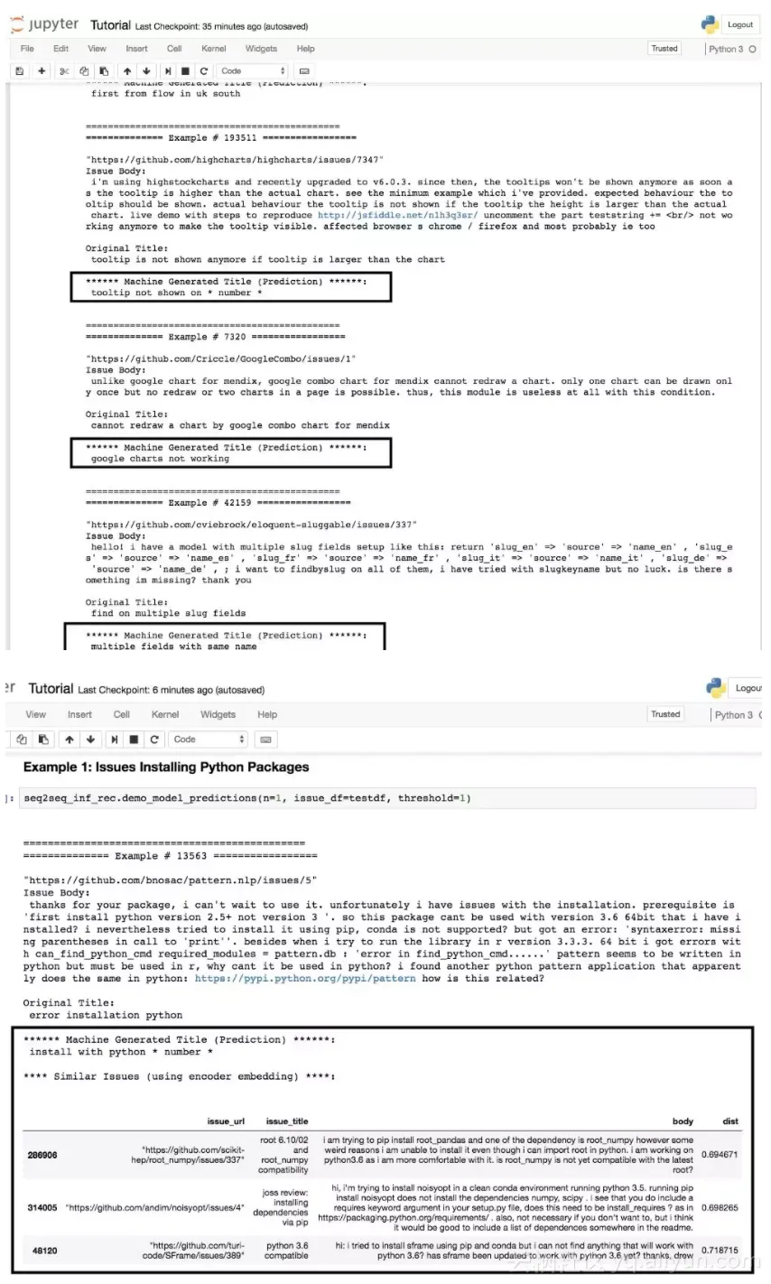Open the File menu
[x=27, y=49]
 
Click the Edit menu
[x=60, y=49]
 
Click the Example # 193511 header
[x=220, y=138]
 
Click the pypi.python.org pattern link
[x=305, y=978]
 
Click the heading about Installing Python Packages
[x=166, y=767]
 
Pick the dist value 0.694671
[x=719, y=1154]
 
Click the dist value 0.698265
[x=719, y=1207]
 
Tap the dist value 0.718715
[x=719, y=1251]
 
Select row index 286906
[x=42, y=1154]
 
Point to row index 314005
[x=42, y=1207]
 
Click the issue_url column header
[x=226, y=1121]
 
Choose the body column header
[x=683, y=1121]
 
